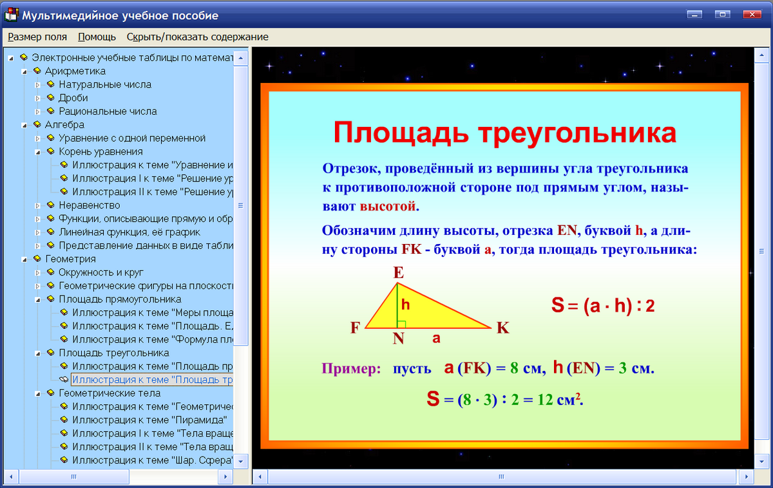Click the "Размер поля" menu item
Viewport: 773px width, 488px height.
pyautogui.click(x=37, y=37)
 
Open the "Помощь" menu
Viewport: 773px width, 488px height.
pyautogui.click(x=97, y=37)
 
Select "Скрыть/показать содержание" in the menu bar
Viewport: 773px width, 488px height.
pyautogui.click(x=197, y=37)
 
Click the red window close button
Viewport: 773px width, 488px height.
pyautogui.click(x=750, y=14)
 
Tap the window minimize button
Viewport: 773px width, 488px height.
pyautogui.click(x=694, y=14)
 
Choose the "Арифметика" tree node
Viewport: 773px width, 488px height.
pyautogui.click(x=75, y=71)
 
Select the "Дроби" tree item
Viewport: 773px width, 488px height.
pyautogui.click(x=73, y=98)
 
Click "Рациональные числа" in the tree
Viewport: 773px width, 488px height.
pyautogui.click(x=108, y=111)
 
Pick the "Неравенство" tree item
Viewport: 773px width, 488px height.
pyautogui.click(x=90, y=205)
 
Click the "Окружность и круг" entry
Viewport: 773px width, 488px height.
pyautogui.click(x=100, y=272)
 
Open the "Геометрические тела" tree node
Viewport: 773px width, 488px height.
pyautogui.click(x=110, y=393)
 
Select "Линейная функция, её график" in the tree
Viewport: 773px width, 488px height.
pyautogui.click(x=129, y=232)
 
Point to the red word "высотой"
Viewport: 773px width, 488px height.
pyautogui.click(x=388, y=207)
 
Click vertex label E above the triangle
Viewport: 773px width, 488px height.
pyautogui.click(x=399, y=272)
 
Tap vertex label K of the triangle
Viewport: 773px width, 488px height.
pyautogui.click(x=503, y=328)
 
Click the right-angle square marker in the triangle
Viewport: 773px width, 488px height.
pyautogui.click(x=402, y=324)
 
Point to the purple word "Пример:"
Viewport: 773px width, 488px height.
pyautogui.click(x=351, y=369)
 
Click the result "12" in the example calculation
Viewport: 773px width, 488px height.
pyautogui.click(x=545, y=400)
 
